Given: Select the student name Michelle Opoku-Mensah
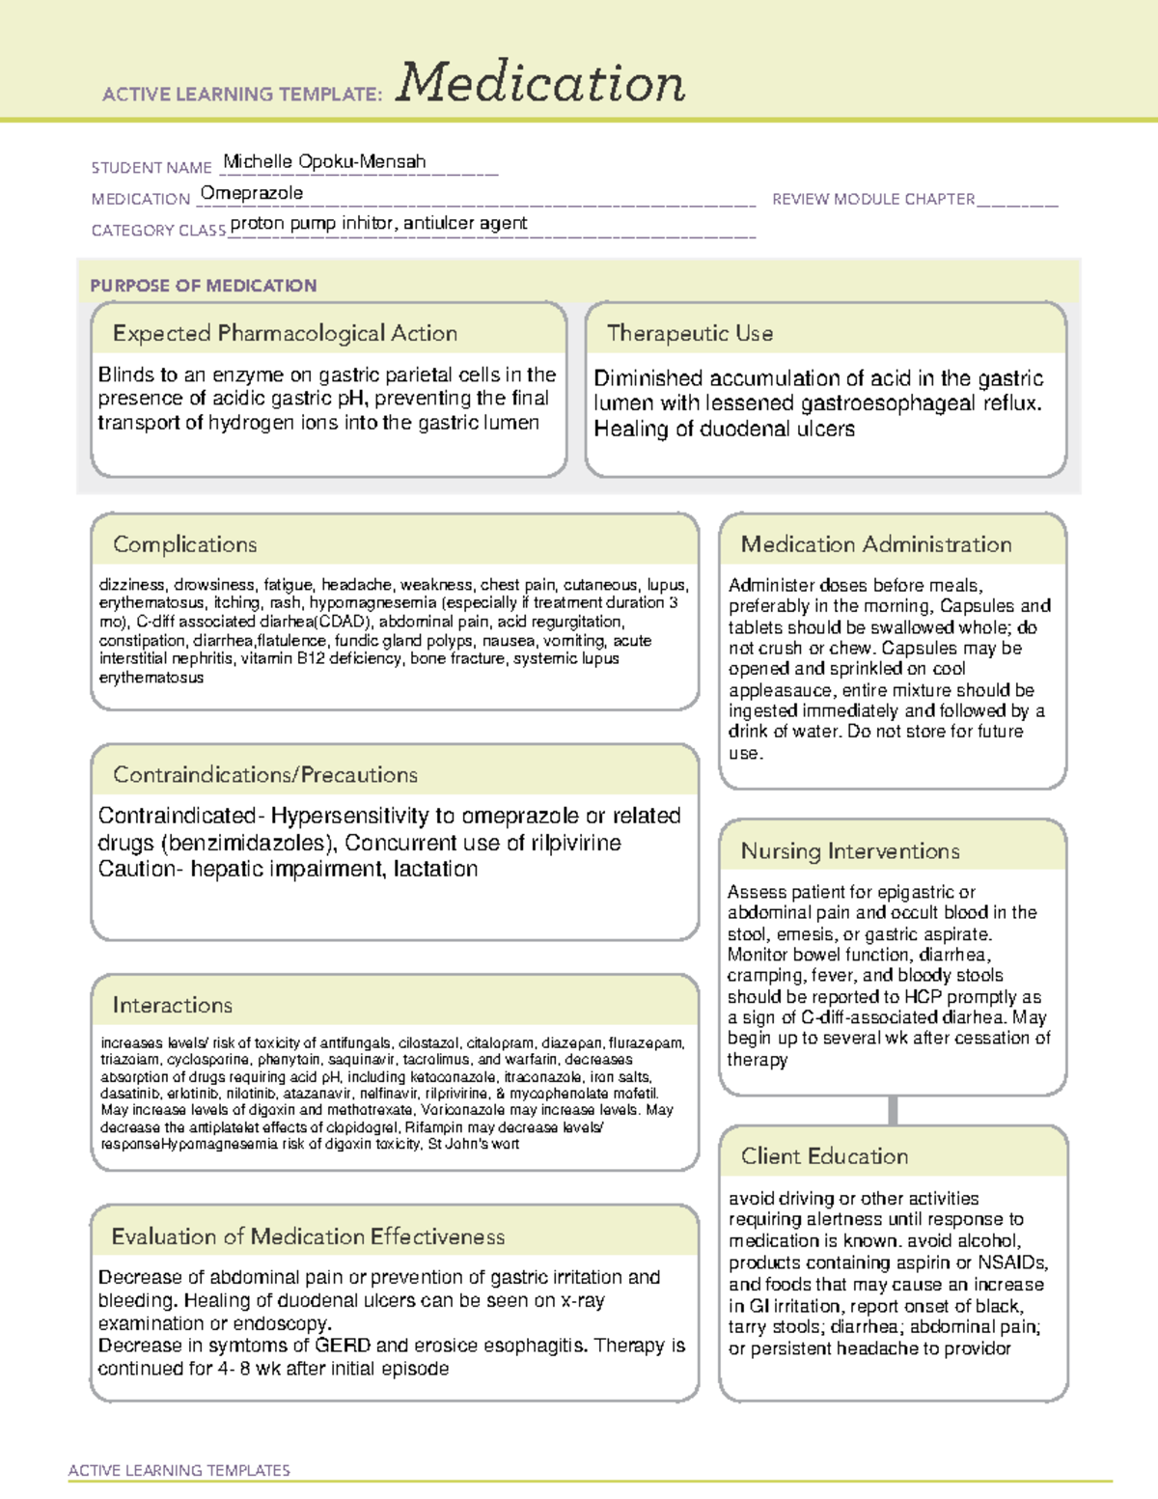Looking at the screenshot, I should coord(324,162).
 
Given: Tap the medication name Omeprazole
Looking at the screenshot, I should coord(252,193).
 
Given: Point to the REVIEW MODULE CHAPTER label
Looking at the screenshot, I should coord(873,199).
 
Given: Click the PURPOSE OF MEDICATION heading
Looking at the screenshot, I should coord(203,286).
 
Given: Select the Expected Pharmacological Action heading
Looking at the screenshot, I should coord(285,333).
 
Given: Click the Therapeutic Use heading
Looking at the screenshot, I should coord(689,333).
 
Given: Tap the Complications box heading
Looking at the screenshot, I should coord(184,544).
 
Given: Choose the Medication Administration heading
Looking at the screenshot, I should coord(875,544).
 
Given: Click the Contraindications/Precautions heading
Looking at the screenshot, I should coord(264,774).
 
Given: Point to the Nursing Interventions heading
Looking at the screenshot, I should coord(849,850).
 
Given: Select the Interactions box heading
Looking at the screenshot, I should coord(172,1005).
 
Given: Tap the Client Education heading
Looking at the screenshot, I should coord(824,1155).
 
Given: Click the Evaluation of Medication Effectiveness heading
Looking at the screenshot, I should coord(308,1236).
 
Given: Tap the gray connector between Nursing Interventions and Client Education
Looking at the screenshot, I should coord(893,1110).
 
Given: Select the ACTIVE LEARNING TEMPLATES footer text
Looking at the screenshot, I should coord(179,1470).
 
